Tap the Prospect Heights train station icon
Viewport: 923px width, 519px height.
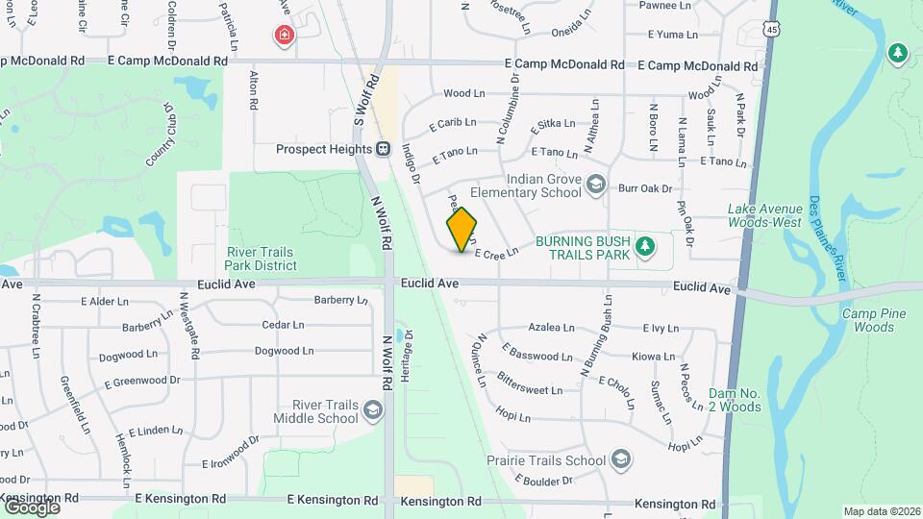pos(384,149)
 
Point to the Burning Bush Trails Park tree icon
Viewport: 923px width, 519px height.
pos(646,247)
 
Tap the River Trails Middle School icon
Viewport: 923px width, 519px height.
pos(371,411)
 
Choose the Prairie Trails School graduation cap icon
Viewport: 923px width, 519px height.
pos(621,459)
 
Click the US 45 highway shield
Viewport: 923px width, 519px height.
pos(774,31)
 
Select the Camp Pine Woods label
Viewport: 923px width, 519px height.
pos(868,321)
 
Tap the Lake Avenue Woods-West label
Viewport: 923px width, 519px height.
pos(764,215)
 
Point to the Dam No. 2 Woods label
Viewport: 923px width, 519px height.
pos(735,400)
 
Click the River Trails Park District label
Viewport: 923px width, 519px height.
pos(261,259)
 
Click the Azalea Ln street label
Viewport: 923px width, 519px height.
pos(551,328)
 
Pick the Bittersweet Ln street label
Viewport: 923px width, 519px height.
pos(530,384)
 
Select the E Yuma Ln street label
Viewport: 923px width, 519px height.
pos(672,35)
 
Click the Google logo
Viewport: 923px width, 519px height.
pos(31,506)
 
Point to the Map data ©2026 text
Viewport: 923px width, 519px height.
pos(882,511)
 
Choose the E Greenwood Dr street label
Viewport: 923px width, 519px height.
pos(141,381)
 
